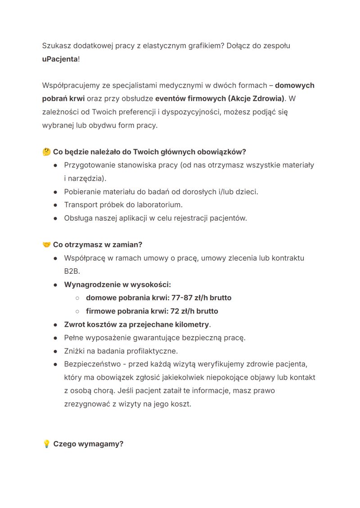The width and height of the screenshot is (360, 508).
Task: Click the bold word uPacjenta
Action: (60, 59)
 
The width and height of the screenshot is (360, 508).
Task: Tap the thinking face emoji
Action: (46, 152)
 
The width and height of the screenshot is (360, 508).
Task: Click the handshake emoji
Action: (46, 245)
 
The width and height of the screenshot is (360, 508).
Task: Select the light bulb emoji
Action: (46, 444)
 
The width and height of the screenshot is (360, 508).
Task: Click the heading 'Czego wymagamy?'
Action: (88, 444)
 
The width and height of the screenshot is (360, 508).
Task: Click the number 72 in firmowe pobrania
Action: (175, 311)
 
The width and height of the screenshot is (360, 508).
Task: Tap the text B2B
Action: (72, 272)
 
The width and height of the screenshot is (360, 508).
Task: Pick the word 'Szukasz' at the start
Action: (56, 46)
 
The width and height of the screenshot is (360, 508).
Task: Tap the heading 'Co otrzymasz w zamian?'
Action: (98, 245)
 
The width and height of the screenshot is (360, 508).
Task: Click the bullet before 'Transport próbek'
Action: (55, 205)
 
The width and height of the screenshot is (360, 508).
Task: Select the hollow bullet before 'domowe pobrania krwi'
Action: (77, 298)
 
